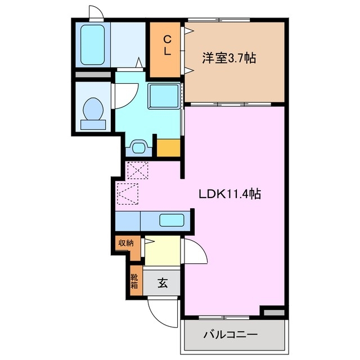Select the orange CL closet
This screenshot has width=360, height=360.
167,49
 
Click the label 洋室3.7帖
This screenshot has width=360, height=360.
229,57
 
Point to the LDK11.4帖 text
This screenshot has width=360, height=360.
229,194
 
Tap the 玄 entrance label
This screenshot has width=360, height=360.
162,283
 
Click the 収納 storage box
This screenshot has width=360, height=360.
125,243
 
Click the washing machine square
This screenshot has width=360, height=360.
164,96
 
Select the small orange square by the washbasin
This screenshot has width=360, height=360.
168,148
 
